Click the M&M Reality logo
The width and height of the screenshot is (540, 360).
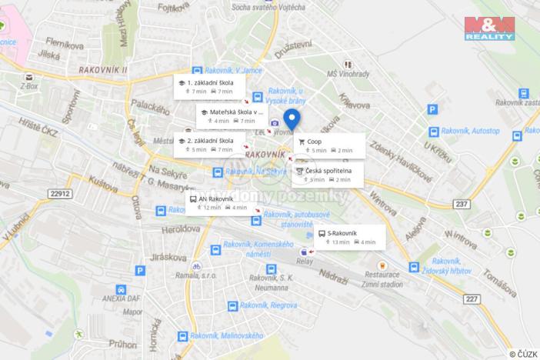click(x=489, y=28)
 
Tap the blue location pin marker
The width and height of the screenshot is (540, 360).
click(x=292, y=119)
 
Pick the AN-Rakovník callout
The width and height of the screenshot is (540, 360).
click(x=218, y=202)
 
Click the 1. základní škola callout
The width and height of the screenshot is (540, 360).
click(x=208, y=86)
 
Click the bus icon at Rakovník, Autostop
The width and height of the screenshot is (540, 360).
click(x=435, y=132)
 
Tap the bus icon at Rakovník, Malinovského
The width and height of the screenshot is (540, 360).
click(x=182, y=336)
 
